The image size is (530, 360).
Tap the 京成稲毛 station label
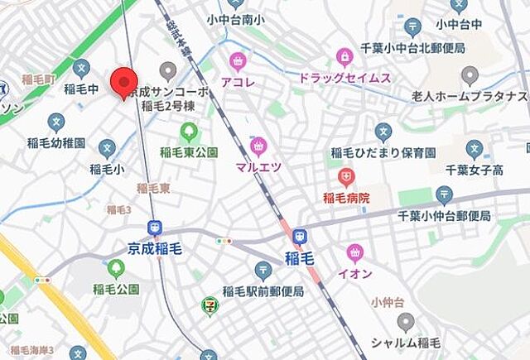(155, 247)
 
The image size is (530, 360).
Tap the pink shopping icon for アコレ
(238, 60)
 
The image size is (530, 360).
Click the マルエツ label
(258, 166)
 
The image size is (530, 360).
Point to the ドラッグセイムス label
(344, 78)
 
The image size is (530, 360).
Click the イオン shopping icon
(355, 252)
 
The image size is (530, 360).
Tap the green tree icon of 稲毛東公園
(190, 132)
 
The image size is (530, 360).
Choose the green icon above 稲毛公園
(116, 268)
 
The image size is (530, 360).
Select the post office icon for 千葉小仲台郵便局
(444, 196)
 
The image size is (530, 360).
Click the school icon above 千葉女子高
(475, 150)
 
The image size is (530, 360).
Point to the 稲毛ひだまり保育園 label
(383, 152)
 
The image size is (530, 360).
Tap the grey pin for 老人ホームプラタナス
(470, 77)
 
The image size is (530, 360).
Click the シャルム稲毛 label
(405, 343)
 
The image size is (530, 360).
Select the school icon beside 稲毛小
(106, 148)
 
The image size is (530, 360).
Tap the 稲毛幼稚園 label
(56, 143)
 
